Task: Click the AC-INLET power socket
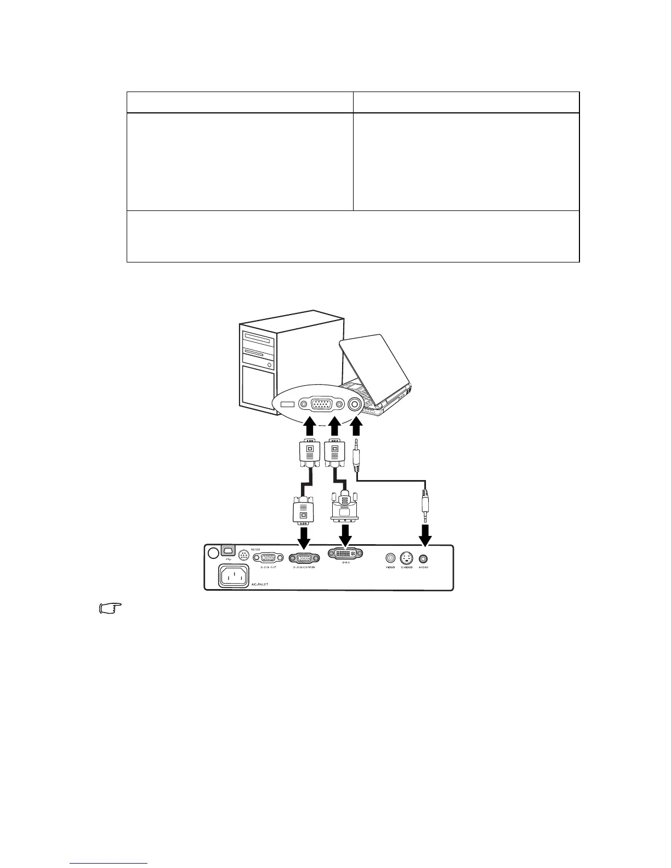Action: [234, 575]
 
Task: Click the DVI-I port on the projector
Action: [345, 555]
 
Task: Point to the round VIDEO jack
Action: [390, 558]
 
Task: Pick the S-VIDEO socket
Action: [406, 558]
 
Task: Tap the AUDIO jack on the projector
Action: [423, 558]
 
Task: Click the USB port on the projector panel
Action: [228, 550]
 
